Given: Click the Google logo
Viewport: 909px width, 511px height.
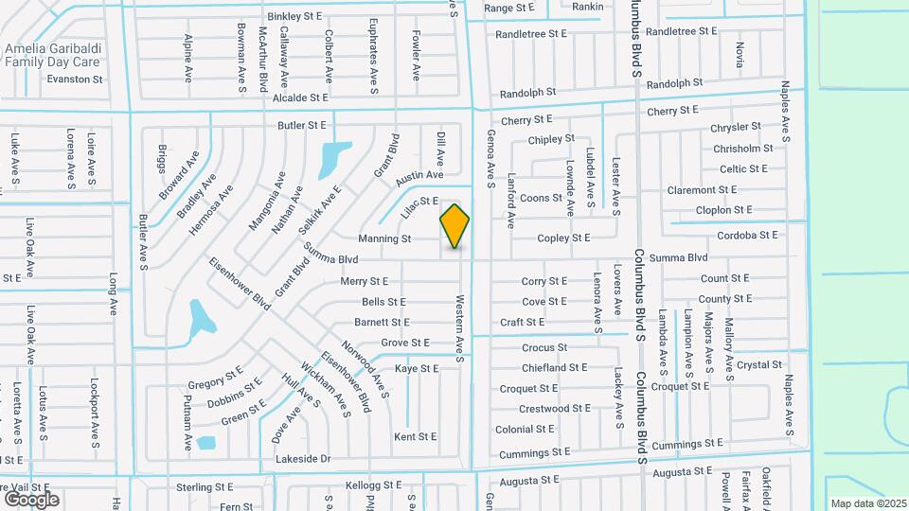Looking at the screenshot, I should click(x=30, y=499).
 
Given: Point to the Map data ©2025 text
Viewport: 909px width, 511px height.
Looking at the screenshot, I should click(x=867, y=503).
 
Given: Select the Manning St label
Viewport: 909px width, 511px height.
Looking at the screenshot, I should click(x=384, y=239).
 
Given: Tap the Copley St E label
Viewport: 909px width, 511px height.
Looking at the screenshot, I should click(x=563, y=238).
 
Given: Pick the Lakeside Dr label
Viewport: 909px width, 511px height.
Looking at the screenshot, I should click(x=303, y=459).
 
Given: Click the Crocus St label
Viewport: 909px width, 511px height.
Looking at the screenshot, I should click(x=544, y=347).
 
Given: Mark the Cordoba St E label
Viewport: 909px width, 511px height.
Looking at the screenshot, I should click(x=747, y=235).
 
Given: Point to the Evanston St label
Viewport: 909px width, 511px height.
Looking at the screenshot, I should click(x=73, y=79).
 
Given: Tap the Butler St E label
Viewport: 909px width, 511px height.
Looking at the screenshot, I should click(x=301, y=125).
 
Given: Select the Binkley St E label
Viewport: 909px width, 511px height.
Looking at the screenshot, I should click(x=294, y=16).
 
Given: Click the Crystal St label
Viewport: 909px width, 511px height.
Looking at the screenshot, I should click(x=759, y=364).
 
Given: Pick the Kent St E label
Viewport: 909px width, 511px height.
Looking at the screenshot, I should click(x=416, y=436).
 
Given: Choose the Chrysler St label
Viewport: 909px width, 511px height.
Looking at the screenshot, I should click(x=736, y=127).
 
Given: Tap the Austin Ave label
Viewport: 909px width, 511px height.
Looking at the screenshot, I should click(x=419, y=176).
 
